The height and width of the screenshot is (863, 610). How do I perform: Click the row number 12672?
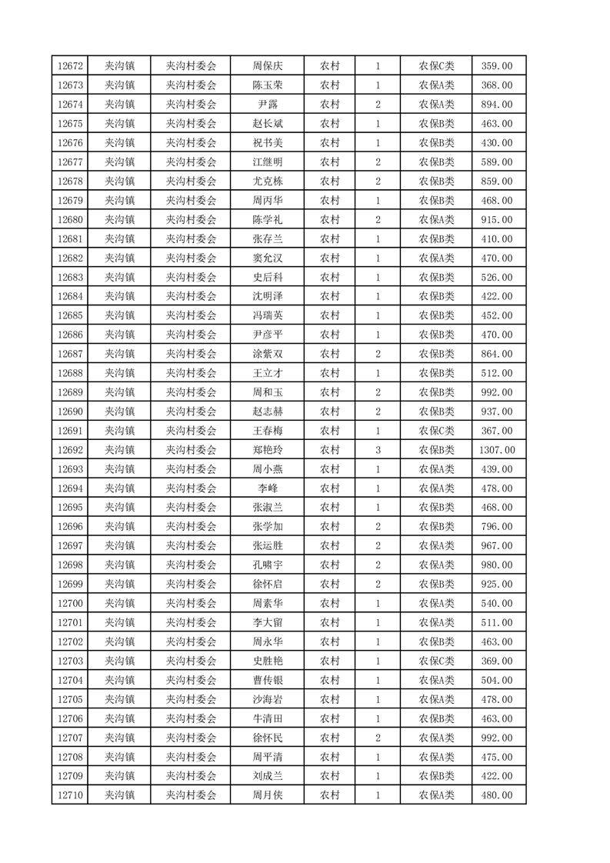70,66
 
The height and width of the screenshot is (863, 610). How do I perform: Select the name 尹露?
268,105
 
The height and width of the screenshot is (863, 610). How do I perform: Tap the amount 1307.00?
498,450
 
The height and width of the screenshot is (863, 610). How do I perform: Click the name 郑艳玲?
268,450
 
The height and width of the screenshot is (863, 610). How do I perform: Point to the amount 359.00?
498,66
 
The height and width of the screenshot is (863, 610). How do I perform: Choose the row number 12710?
70,795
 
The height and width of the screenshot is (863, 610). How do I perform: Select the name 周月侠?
268,795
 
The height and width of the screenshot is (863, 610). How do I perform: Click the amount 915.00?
498,219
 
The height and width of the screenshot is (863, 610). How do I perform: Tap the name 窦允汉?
268,258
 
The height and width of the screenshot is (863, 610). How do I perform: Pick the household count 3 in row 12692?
378,450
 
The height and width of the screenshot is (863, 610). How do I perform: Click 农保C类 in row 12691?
436,431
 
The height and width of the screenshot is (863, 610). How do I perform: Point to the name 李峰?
268,488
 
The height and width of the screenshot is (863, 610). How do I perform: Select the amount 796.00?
498,527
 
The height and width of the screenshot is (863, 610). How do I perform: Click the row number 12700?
70,604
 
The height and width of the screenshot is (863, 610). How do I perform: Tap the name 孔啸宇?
268,565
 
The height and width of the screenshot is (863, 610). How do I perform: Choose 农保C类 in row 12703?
436,661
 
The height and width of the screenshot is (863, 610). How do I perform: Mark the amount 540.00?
498,604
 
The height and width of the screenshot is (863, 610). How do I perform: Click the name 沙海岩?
268,699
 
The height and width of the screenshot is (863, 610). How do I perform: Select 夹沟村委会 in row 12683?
192,277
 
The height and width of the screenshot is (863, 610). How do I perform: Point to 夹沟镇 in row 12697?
119,546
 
